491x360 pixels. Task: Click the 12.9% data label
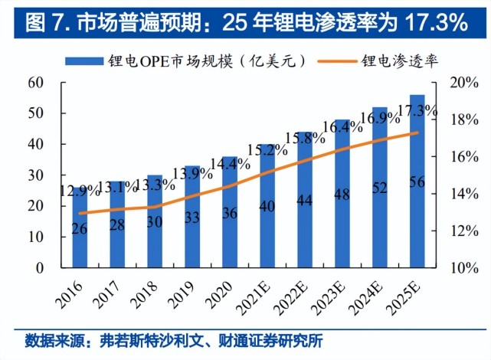coord(80,190)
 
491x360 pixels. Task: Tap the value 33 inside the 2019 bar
coord(192,218)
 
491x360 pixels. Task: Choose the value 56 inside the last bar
coord(417,182)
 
